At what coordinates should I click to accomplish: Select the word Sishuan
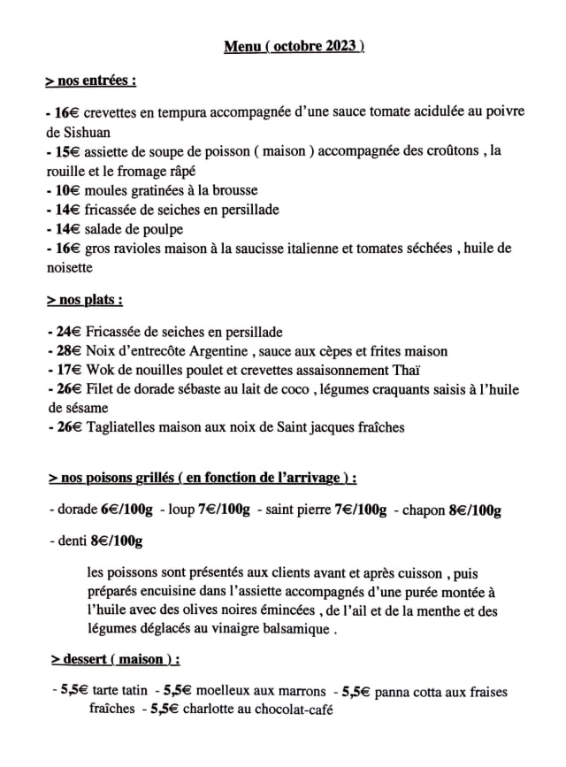[74, 132]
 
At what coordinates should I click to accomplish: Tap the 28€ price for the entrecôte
[68, 351]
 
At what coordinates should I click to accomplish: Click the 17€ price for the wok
[68, 370]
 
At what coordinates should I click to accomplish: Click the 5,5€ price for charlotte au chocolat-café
[164, 709]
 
